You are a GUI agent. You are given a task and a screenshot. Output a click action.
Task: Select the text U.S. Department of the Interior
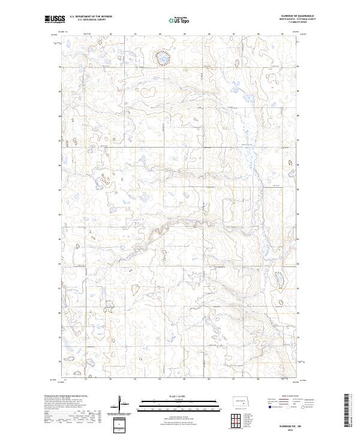coord(89,18)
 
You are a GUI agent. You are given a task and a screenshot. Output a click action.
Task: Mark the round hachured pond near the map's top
coord(162,58)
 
